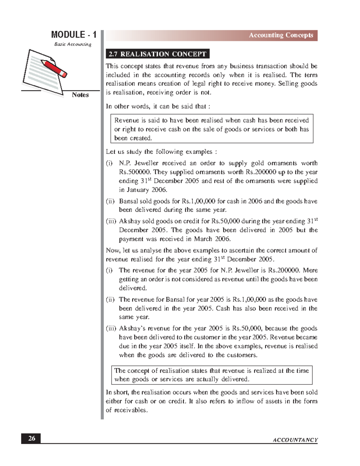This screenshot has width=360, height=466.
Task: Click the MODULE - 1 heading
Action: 73,35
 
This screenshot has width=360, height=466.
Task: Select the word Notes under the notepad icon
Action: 80,95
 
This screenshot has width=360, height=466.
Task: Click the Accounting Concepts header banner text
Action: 281,35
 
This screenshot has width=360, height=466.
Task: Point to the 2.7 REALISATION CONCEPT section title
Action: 157,54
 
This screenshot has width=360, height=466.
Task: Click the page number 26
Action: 31,438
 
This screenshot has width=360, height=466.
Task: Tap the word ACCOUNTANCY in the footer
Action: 295,440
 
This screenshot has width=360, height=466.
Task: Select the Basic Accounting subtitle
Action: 73,44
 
